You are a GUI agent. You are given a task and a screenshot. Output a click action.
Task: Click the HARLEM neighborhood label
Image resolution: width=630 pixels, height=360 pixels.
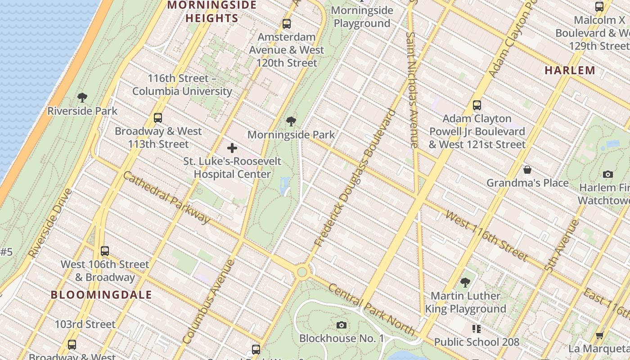570,70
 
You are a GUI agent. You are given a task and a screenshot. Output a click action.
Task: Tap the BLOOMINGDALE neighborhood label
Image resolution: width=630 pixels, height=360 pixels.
101,295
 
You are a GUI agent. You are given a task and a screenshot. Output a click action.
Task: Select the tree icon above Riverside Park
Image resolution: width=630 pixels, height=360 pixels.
82,97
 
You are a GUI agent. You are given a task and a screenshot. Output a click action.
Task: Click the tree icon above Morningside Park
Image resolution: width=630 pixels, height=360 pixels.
291,121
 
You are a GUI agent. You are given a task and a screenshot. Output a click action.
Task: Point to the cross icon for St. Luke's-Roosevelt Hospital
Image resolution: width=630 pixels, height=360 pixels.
232,148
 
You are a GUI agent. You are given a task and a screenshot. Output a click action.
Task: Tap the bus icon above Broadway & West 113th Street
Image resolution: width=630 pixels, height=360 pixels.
157,118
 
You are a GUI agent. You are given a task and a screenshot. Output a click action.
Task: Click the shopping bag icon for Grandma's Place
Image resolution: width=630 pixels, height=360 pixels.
527,170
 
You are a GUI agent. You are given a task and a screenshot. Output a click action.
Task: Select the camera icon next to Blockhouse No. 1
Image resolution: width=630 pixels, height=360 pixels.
342,325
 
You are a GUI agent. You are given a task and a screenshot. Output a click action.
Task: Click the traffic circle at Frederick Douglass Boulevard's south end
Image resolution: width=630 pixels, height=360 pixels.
302,272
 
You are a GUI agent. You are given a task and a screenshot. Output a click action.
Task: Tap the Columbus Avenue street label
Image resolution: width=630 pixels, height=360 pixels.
209,301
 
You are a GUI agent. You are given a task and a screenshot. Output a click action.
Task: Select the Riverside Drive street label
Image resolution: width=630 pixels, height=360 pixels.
50,223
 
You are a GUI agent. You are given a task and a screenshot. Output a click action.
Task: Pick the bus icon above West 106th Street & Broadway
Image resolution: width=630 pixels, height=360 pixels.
105,251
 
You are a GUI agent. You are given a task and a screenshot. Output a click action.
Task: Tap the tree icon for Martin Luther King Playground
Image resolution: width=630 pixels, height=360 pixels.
465,283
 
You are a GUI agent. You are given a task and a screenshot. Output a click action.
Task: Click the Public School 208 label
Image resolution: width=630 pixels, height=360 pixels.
477,342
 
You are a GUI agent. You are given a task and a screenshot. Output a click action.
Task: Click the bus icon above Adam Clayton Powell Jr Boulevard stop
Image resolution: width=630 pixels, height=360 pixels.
477,105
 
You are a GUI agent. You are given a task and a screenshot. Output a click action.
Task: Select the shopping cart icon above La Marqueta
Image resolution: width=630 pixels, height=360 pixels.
599,335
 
